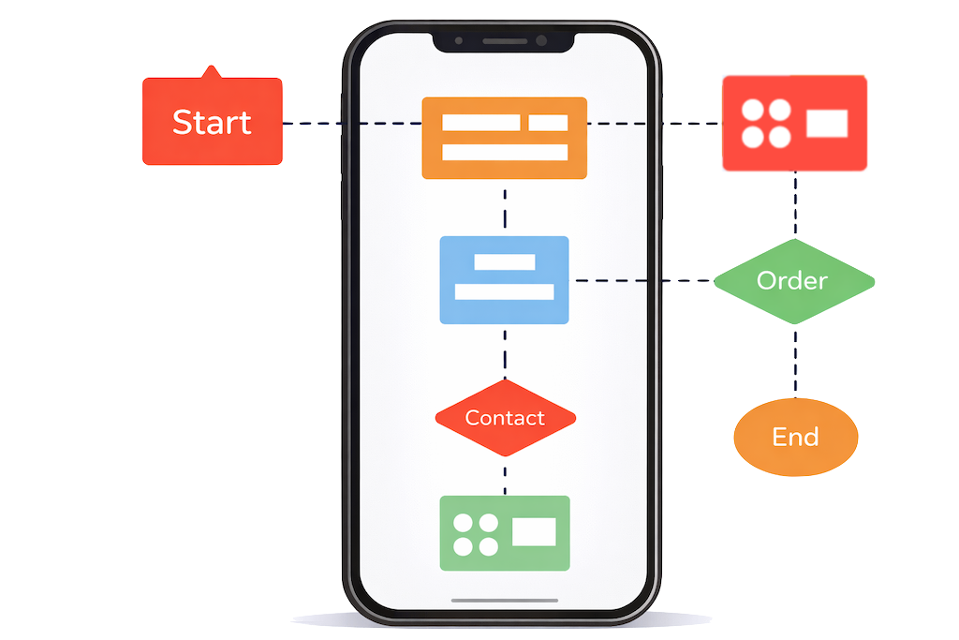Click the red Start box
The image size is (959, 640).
(x=212, y=122)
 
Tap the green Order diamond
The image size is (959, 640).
(x=793, y=281)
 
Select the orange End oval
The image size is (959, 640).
(x=795, y=437)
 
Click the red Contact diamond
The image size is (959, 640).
(x=505, y=418)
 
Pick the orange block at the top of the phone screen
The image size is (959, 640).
(x=505, y=138)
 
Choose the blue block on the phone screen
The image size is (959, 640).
(x=505, y=280)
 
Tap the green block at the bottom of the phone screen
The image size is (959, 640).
(x=505, y=532)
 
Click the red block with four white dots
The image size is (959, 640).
(x=794, y=123)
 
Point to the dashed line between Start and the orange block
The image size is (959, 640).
(x=351, y=124)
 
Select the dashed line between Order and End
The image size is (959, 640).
(x=796, y=361)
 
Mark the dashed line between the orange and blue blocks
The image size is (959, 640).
(x=505, y=207)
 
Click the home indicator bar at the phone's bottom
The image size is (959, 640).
(x=505, y=601)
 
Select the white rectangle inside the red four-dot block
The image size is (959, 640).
(x=827, y=123)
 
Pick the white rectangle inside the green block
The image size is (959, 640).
(x=534, y=531)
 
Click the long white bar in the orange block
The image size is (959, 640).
(x=505, y=152)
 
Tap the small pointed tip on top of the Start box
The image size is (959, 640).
(x=212, y=71)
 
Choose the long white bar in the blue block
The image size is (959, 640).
(x=505, y=291)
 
